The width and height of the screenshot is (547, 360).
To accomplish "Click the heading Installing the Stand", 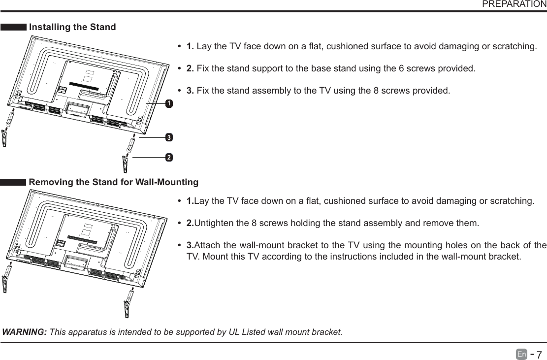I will point(73,27).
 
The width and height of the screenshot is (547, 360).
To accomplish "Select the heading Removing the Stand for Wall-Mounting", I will point(114,183).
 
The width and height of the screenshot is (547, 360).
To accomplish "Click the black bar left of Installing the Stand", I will point(13,27).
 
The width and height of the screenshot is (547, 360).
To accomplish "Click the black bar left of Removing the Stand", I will point(13,183).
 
